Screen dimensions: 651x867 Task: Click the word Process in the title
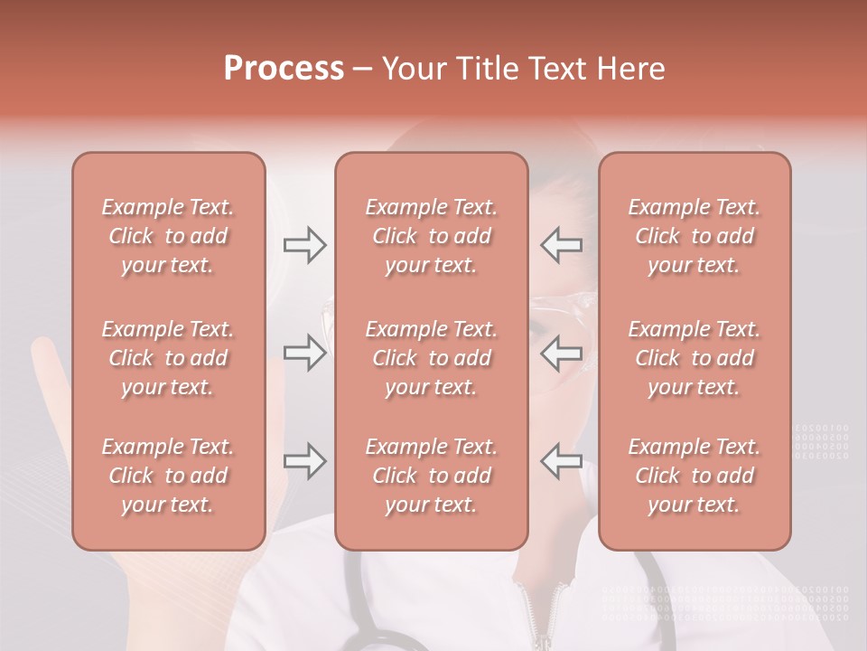[x=284, y=69]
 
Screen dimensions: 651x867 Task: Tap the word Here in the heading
[x=631, y=69]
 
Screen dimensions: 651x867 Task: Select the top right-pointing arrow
[x=305, y=245]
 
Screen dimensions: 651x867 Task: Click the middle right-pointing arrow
[x=305, y=353]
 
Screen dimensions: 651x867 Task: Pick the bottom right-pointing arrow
[x=305, y=461]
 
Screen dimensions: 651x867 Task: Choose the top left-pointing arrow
[x=561, y=245]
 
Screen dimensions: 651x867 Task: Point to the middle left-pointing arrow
[x=561, y=353]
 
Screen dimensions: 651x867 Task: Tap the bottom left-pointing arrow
[x=561, y=461]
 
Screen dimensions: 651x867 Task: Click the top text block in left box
[x=168, y=236]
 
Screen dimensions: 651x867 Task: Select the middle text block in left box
[x=168, y=358]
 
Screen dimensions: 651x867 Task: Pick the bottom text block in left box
[x=168, y=476]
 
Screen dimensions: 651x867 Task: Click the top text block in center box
[x=432, y=236]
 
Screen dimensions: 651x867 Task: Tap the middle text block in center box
[x=432, y=358]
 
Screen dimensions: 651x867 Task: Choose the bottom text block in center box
[x=432, y=476]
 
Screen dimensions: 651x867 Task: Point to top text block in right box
[x=695, y=236]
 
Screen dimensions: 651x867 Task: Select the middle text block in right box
[x=695, y=358]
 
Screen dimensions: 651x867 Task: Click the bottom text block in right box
[x=695, y=476]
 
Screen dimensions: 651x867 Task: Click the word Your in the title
[x=412, y=69]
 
